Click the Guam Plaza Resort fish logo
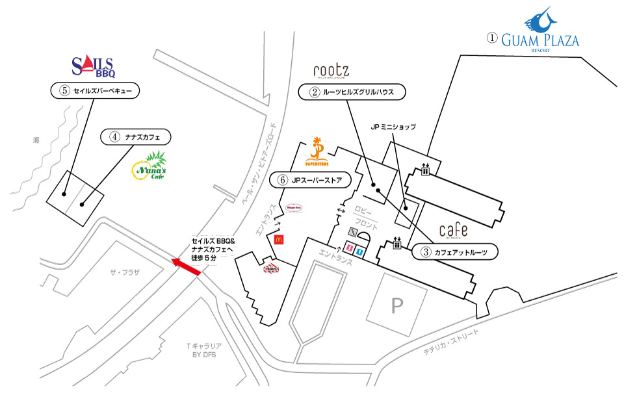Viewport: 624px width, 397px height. (x=541, y=21)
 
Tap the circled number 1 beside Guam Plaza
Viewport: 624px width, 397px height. (x=492, y=38)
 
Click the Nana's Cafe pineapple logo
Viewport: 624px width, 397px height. (x=148, y=167)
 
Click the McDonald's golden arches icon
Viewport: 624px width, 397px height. (x=278, y=239)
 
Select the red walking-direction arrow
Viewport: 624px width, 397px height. (x=185, y=266)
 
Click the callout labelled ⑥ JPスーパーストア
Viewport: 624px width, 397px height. (x=315, y=179)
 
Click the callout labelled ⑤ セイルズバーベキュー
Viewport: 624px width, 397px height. (x=96, y=91)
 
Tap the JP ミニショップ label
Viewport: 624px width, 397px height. (x=393, y=127)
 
